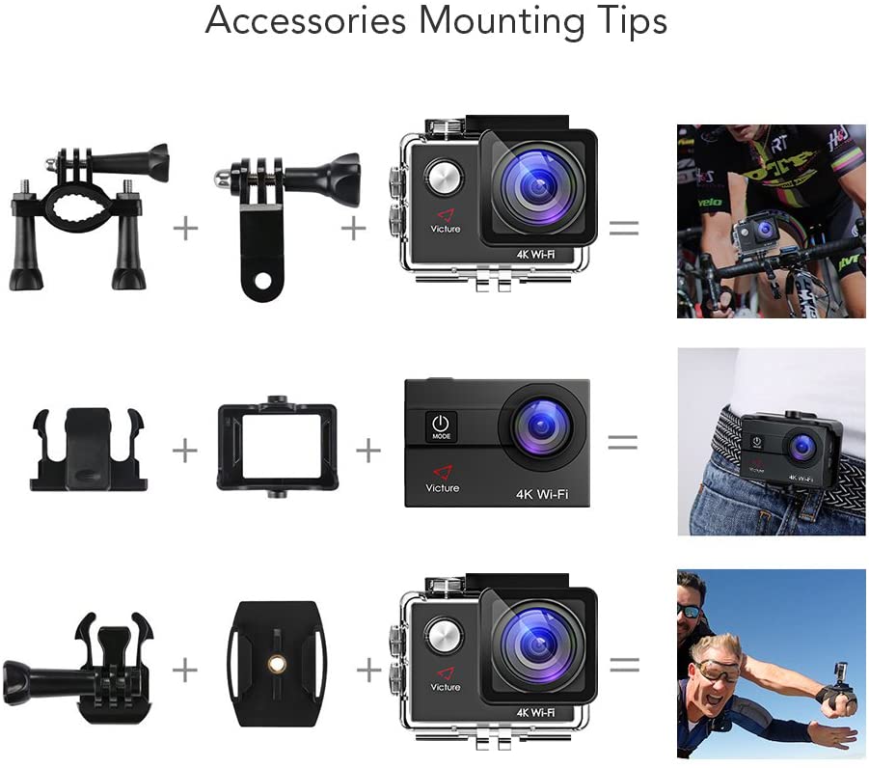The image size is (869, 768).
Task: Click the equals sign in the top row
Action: tap(624, 228)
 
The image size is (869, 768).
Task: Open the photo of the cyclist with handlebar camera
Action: tap(771, 221)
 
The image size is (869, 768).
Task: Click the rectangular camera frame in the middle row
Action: tap(276, 446)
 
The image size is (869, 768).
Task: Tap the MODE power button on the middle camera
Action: tap(441, 426)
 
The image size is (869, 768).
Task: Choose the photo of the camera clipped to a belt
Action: tap(771, 441)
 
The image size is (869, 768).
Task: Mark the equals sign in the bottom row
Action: tap(624, 665)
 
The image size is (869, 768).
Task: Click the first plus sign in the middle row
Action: tap(184, 450)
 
